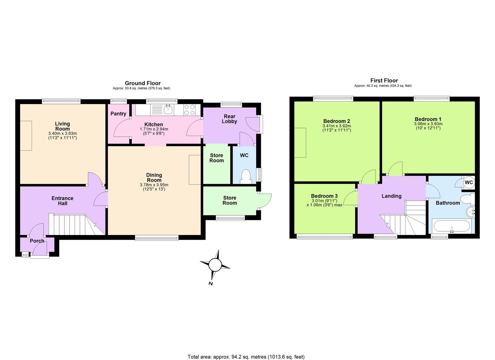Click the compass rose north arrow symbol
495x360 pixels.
pyautogui.click(x=215, y=266)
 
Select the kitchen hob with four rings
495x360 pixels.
pyautogui.click(x=190, y=109)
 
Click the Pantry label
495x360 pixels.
pyautogui.click(x=118, y=114)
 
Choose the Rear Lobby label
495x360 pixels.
pyautogui.click(x=229, y=119)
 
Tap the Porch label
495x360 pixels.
pyautogui.click(x=37, y=241)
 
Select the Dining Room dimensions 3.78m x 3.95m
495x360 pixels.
pyautogui.click(x=154, y=185)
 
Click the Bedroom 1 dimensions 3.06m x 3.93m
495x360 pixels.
pyautogui.click(x=428, y=124)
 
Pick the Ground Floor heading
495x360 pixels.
pyautogui.click(x=143, y=83)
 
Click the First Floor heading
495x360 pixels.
pyautogui.click(x=384, y=80)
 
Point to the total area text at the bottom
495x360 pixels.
pyautogui.click(x=246, y=357)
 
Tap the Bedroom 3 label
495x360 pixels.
pyautogui.click(x=324, y=196)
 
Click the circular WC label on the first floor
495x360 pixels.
pyautogui.click(x=469, y=182)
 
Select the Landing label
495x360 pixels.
pyautogui.click(x=391, y=196)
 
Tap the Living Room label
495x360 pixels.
pyautogui.click(x=62, y=126)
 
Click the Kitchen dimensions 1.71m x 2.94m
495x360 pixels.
pyautogui.click(x=154, y=129)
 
